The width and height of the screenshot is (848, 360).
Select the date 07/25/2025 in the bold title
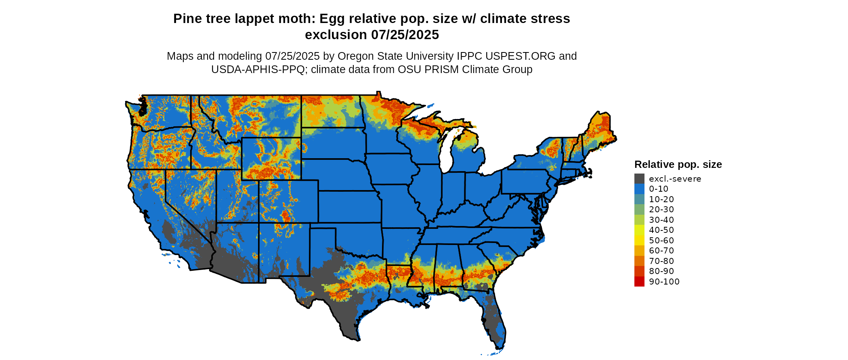click(405, 35)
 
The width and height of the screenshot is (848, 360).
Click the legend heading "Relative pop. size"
click(678, 165)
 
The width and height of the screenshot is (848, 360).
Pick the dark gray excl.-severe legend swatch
click(639, 179)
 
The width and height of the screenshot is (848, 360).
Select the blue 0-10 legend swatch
click(639, 189)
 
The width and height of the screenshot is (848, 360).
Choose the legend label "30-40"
click(661, 220)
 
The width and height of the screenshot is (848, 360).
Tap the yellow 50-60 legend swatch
click(639, 241)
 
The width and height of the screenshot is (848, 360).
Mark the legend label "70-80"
click(661, 261)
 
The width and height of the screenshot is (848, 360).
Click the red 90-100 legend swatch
click(639, 282)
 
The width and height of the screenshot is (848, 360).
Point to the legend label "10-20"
click(661, 199)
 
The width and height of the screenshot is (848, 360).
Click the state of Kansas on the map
click(349, 206)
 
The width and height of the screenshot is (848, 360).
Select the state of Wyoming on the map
click(271, 158)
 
